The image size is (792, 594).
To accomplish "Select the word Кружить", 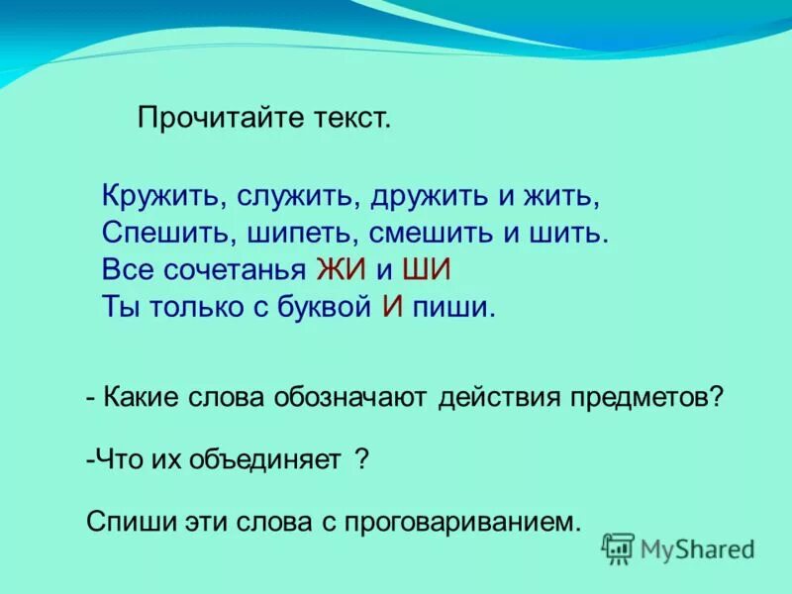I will click(x=163, y=195).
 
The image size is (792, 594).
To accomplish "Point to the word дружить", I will click(x=430, y=195).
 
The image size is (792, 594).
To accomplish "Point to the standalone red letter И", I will click(x=392, y=307).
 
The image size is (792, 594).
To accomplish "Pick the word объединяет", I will click(x=264, y=460).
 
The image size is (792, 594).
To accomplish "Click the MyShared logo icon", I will click(x=619, y=547).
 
